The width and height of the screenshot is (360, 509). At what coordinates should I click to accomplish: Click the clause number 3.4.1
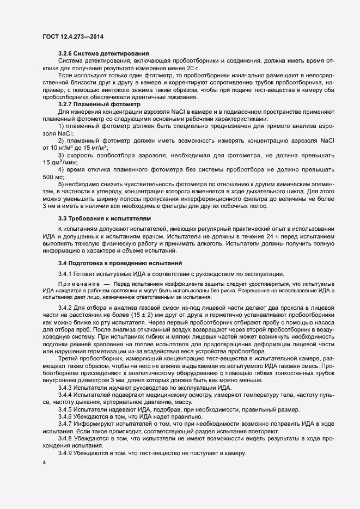click(x=65, y=273)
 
